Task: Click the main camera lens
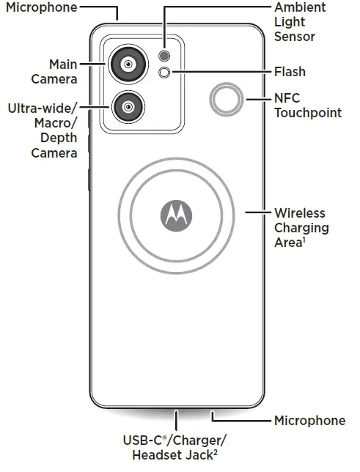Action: click(128, 64)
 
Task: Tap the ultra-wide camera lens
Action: click(128, 107)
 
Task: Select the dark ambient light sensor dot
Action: click(164, 56)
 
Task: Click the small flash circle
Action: click(164, 73)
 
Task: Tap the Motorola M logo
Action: click(176, 215)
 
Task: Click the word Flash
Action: click(290, 72)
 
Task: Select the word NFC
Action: click(287, 98)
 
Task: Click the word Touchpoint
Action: click(308, 113)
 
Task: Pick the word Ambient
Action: click(300, 7)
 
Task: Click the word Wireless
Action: click(300, 213)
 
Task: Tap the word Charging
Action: click(301, 228)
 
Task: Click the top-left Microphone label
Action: click(42, 7)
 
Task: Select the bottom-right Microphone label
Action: click(309, 421)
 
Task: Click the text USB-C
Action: click(144, 440)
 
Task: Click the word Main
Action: click(63, 64)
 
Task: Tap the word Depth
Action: click(59, 139)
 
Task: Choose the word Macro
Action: click(56, 123)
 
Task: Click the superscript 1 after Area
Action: click(304, 240)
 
